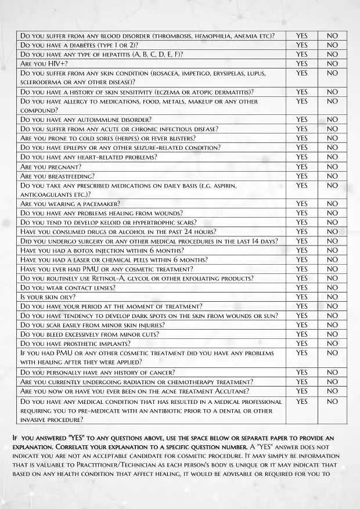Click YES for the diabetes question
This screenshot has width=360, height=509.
(301, 45)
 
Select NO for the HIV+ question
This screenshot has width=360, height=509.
(332, 63)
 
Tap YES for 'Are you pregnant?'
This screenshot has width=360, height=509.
(301, 167)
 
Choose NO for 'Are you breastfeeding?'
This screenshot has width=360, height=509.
(332, 176)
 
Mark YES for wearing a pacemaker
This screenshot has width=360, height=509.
(301, 204)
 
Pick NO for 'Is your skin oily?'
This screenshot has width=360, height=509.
(332, 297)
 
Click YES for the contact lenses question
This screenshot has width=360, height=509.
(301, 287)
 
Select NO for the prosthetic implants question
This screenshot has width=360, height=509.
(332, 343)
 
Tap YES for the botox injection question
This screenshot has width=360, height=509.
(301, 250)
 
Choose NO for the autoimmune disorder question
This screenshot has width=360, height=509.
(332, 120)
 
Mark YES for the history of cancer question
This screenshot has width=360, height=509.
(301, 372)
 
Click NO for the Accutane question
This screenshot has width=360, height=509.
(332, 391)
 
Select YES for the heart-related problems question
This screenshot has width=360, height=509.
(301, 157)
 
